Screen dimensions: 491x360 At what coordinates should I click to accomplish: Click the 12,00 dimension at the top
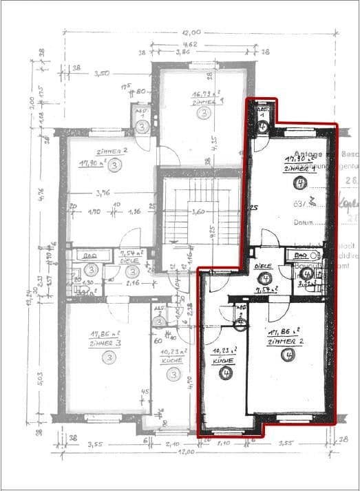coord(191,32)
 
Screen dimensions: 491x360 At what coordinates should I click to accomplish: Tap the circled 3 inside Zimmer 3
coord(109,357)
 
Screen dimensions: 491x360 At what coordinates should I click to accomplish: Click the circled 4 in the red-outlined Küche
coord(225,373)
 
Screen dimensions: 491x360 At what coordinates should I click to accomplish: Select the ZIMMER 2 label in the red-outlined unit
coord(285,341)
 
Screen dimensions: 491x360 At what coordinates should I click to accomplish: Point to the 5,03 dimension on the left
coord(41,359)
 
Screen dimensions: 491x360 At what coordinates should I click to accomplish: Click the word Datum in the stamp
coord(301,222)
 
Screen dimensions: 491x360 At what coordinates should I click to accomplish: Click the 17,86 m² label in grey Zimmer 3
coord(100,336)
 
